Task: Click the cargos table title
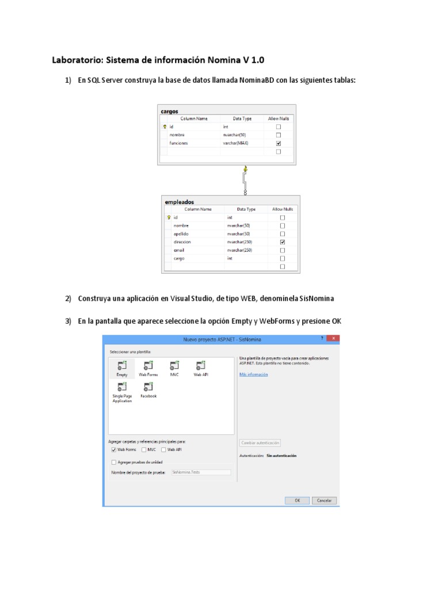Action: pos(170,111)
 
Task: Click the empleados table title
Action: pos(179,202)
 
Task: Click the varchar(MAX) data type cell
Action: pos(236,143)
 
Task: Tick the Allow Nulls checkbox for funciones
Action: pos(279,143)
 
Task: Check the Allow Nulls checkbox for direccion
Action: pos(283,243)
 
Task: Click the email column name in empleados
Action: pos(179,251)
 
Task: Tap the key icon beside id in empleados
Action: pos(169,218)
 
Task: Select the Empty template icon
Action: pos(121,365)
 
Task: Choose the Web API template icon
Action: pos(200,365)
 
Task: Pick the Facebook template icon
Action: pos(148,387)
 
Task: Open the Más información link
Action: pos(253,374)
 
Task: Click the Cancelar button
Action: pos(325,500)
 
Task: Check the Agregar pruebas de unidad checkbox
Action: pos(113,462)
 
